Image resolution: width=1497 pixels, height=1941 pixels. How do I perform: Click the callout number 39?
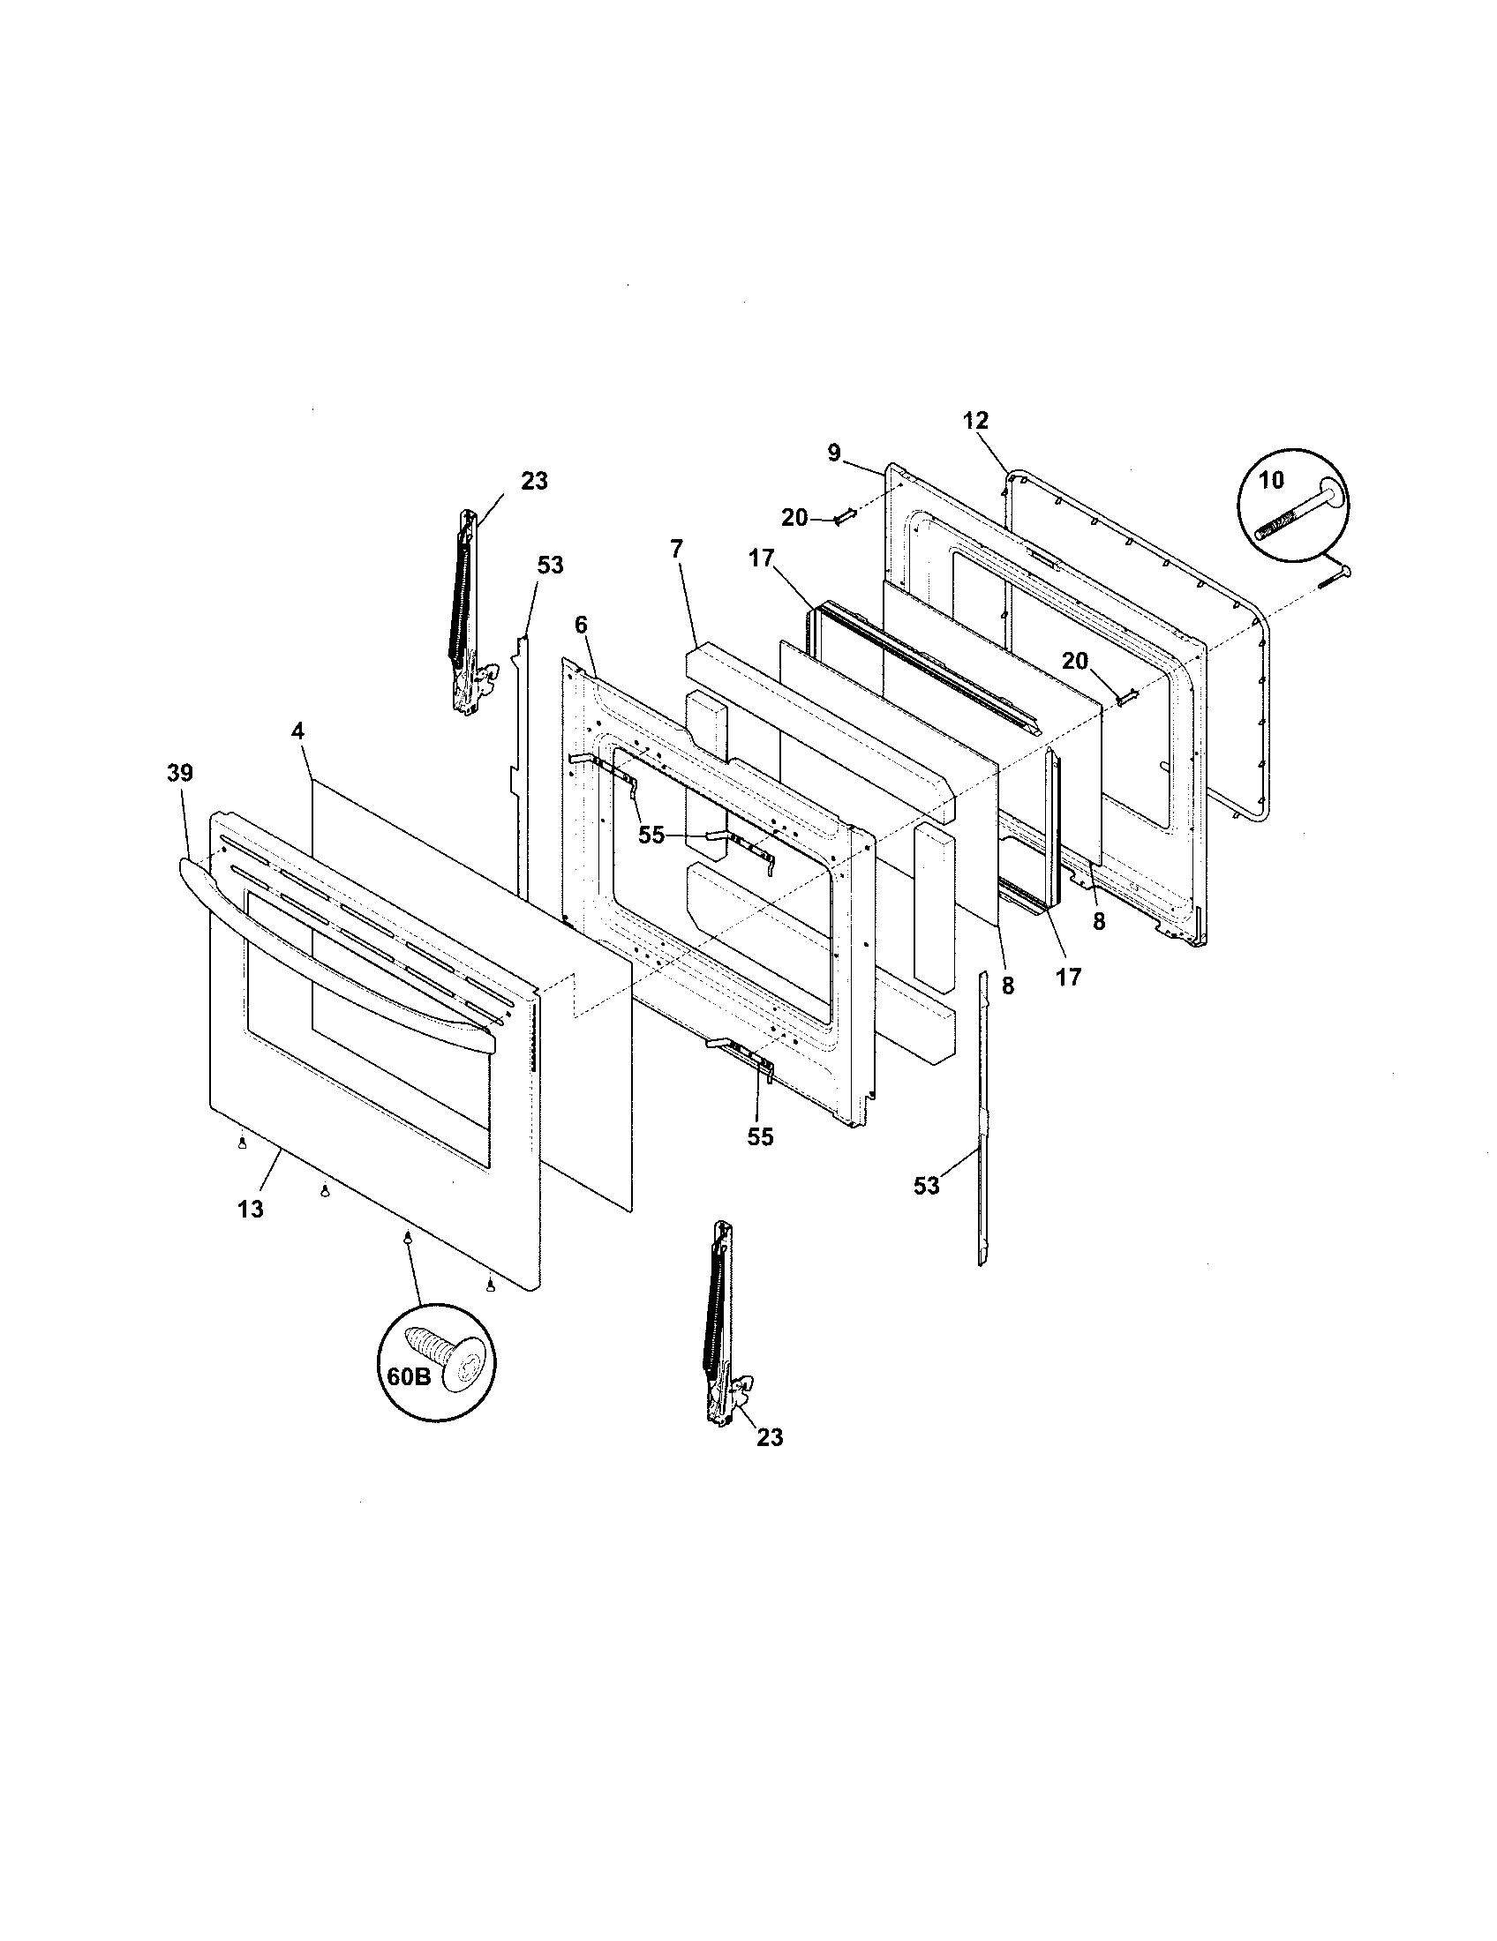(179, 772)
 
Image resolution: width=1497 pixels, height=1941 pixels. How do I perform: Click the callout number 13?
(251, 1209)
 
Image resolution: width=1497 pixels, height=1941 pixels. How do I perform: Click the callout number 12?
(975, 420)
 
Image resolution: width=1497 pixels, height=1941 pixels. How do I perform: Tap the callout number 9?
(833, 453)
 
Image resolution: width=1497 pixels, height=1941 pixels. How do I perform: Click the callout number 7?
(676, 549)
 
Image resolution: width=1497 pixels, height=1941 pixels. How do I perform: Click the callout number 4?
(297, 731)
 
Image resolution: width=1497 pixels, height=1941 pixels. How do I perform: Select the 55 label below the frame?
(760, 1136)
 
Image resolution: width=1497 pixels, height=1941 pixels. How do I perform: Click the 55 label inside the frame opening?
(651, 836)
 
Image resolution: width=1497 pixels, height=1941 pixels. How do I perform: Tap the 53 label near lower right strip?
(926, 1186)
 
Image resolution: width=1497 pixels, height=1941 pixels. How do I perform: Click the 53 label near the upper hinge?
(550, 566)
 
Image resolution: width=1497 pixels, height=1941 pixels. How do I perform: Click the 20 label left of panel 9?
(794, 516)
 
